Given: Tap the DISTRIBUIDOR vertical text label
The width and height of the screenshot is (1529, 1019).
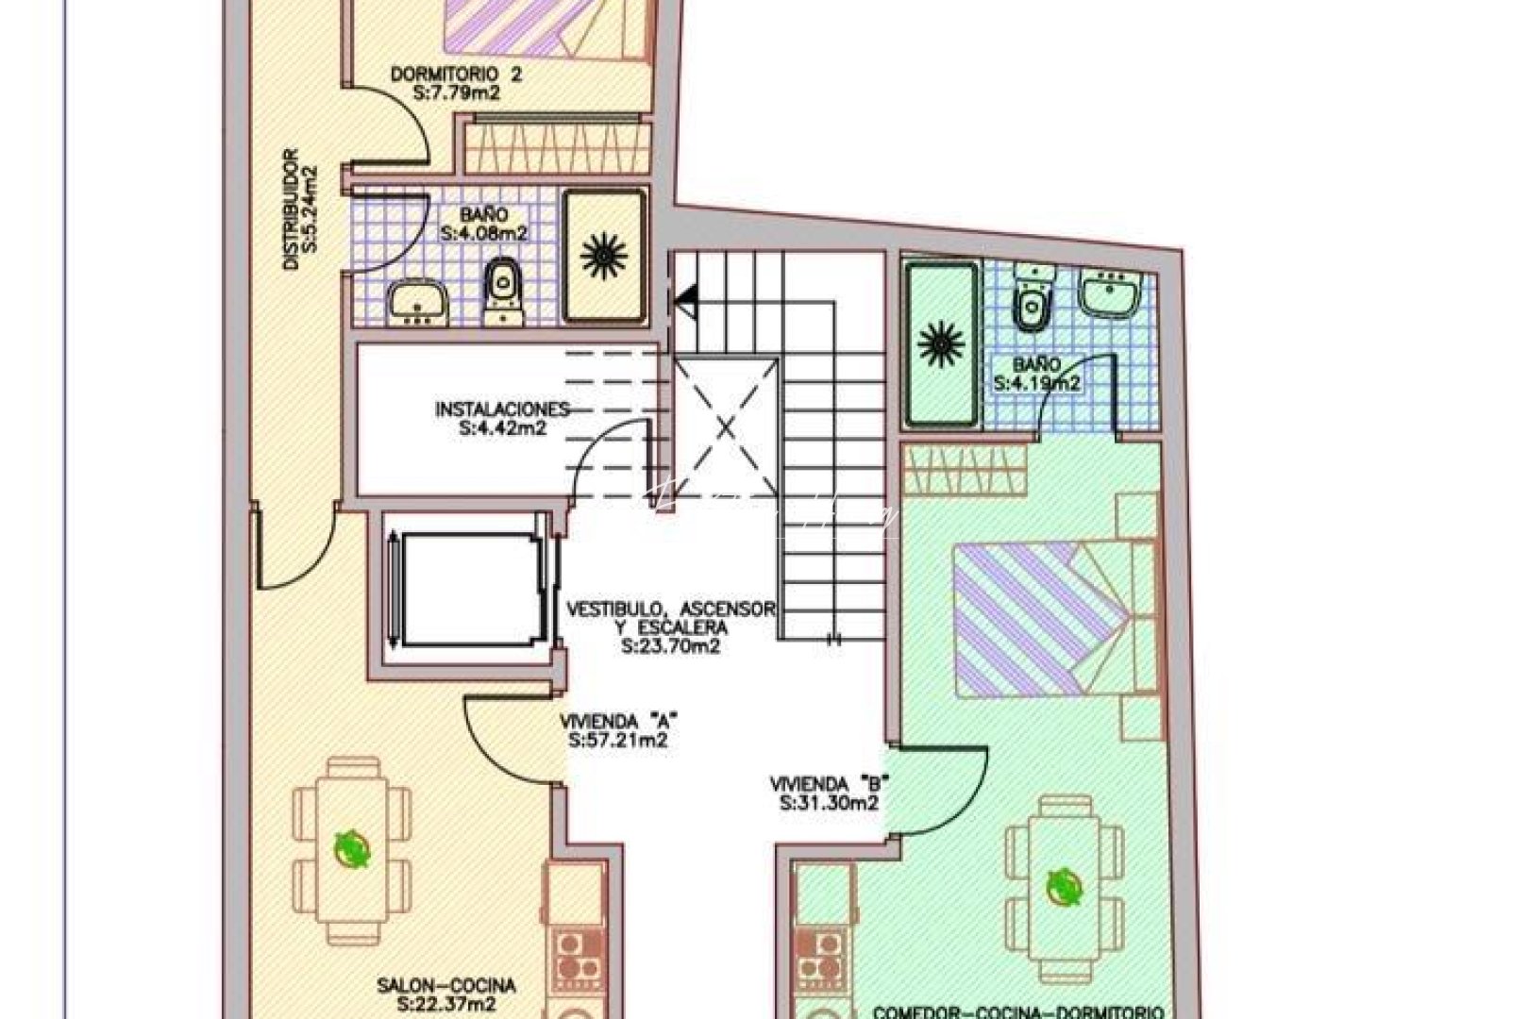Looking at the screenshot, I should point(301,209).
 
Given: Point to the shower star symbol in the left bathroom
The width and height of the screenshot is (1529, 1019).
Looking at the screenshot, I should point(604,255).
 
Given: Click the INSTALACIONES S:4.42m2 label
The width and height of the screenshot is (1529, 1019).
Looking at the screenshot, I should point(502,418).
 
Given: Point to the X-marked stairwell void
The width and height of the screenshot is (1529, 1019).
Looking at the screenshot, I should point(726,427).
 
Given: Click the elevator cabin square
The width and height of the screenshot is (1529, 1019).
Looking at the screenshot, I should point(464,592).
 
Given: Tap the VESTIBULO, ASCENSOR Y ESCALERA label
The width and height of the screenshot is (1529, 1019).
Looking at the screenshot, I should point(671,627).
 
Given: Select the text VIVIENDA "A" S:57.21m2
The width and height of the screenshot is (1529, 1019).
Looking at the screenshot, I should point(619,730).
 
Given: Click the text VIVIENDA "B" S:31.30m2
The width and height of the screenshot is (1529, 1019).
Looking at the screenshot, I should point(831,793).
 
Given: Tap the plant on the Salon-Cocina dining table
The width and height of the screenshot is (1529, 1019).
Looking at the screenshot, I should point(353,847).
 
